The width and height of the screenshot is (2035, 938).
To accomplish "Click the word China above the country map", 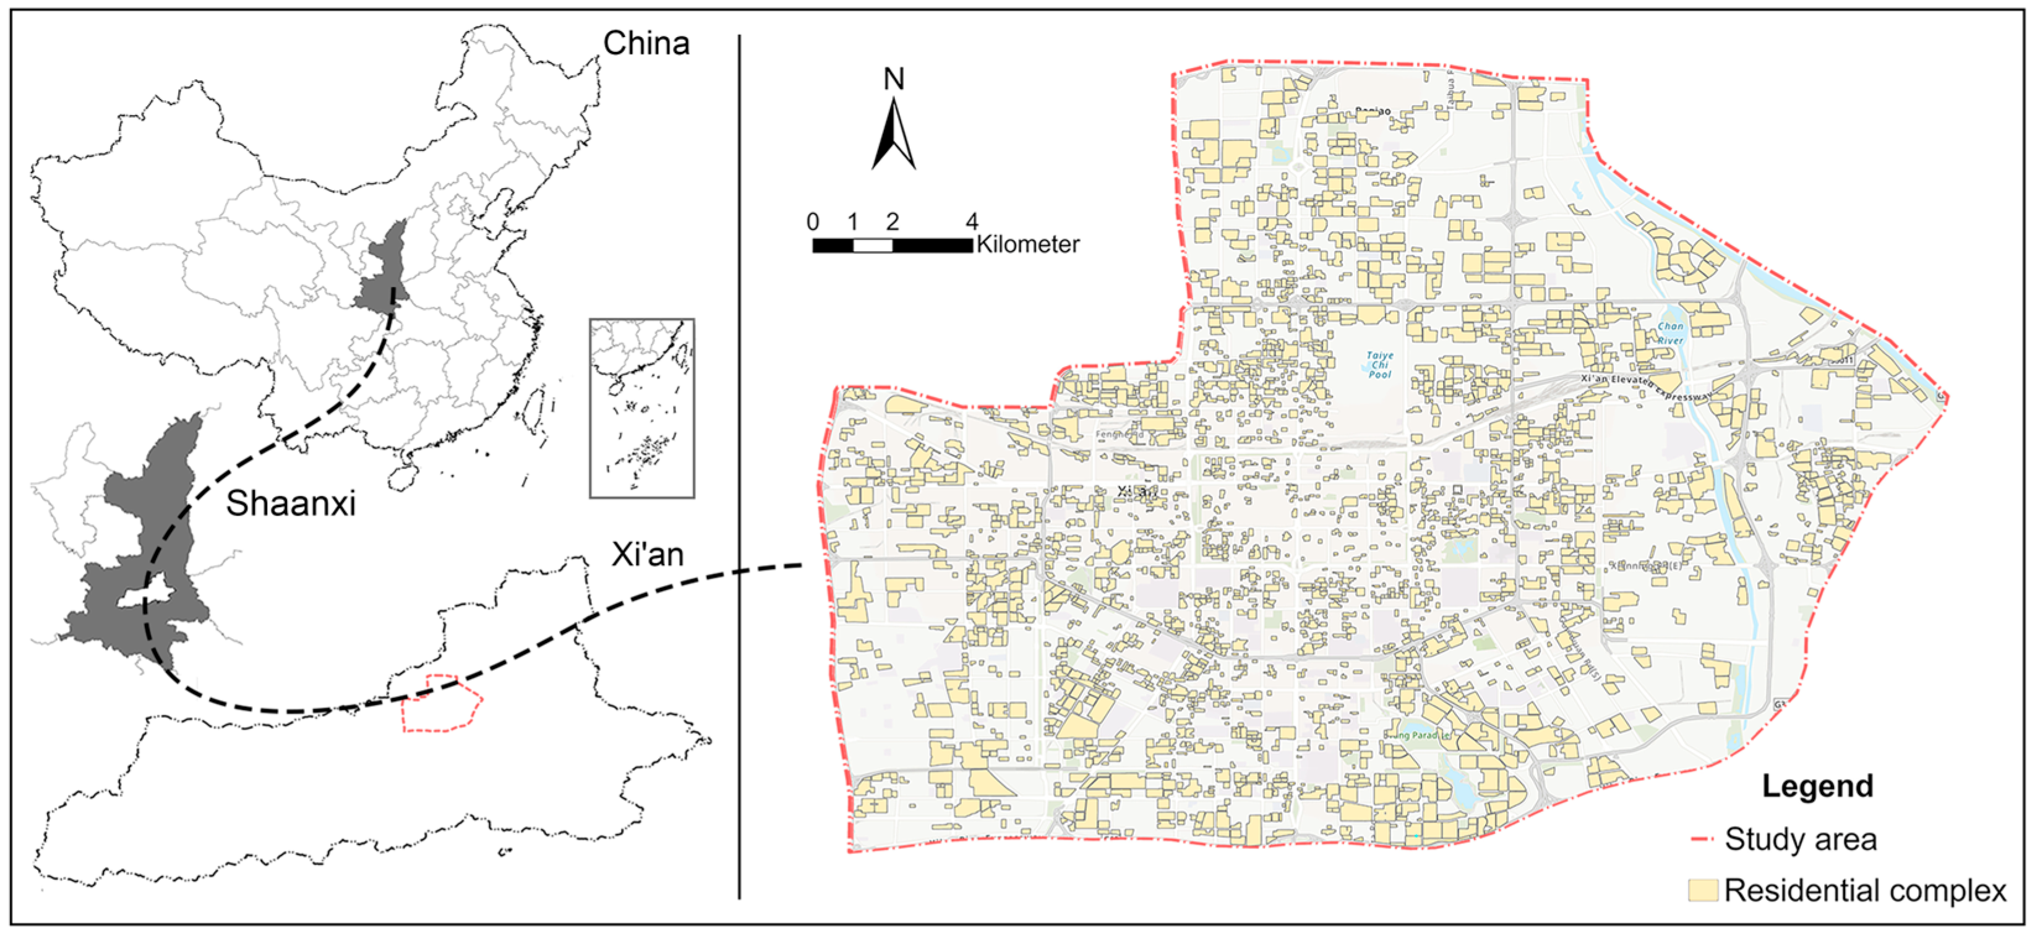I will coord(646,43).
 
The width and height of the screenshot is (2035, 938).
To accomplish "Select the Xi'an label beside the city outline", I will coord(647,555).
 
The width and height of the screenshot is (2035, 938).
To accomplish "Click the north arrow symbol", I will coord(893,134).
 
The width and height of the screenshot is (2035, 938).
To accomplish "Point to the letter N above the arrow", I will coord(893,79).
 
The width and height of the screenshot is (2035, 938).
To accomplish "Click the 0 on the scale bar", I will coord(813,222).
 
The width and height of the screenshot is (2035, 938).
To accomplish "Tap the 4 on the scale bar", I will coord(972,222).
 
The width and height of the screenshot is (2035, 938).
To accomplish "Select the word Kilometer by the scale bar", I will coord(1028,245).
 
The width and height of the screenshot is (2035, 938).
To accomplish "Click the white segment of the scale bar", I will coord(873,245).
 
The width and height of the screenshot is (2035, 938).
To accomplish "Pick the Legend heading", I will coord(1817,787).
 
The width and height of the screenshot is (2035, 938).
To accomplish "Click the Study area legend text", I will coord(1801,839).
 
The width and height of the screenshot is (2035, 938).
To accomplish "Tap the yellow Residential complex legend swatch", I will coord(1703,890).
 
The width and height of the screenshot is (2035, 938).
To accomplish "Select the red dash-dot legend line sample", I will coord(1703,839).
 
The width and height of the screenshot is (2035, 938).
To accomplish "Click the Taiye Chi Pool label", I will coord(1379,365).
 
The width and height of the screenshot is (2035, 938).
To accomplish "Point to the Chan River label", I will coord(1670,333).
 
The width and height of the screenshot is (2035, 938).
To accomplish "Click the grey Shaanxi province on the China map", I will coord(382,268).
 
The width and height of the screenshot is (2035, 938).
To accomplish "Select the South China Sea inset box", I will coord(641,408).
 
